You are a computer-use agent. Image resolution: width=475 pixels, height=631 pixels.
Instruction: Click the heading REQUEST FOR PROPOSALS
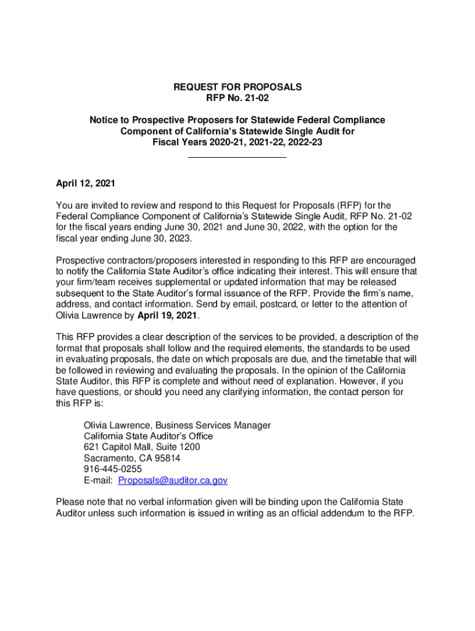tap(238, 88)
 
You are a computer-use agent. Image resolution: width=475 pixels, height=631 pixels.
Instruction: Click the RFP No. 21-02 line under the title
tap(238, 98)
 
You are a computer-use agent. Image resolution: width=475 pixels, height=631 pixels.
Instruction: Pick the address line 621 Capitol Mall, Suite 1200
tap(142, 447)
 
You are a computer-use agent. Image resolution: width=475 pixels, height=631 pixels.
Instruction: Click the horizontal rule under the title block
tap(236, 158)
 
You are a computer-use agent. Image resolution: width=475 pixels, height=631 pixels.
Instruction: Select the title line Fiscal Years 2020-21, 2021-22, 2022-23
tap(238, 142)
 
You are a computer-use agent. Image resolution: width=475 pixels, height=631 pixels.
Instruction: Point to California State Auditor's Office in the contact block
tap(148, 436)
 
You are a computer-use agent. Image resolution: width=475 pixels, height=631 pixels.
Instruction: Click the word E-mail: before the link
tap(98, 480)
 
